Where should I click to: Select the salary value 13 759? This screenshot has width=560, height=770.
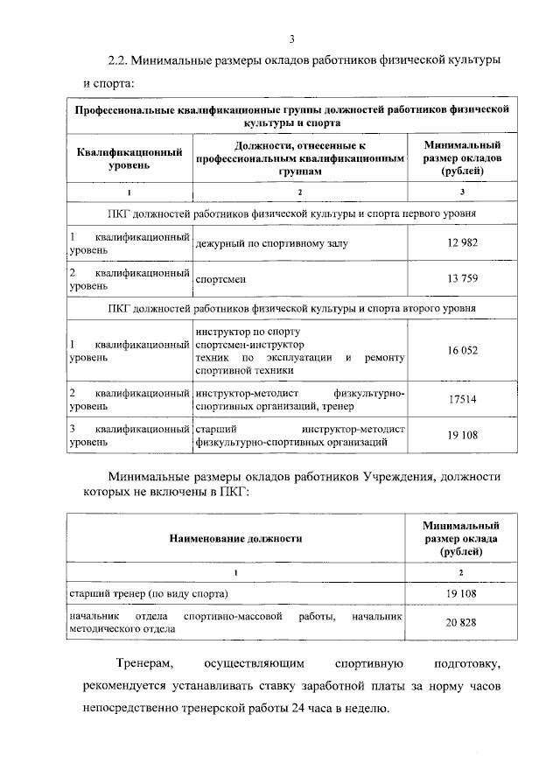click(x=462, y=279)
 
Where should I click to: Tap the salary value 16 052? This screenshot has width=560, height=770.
click(x=462, y=350)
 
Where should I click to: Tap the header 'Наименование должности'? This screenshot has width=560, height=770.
click(x=235, y=538)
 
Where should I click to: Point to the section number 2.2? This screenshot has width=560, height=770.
click(x=117, y=61)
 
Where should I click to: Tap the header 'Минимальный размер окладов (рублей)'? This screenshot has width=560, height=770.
click(x=461, y=157)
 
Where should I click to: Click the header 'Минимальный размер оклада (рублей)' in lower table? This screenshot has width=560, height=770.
click(x=460, y=538)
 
